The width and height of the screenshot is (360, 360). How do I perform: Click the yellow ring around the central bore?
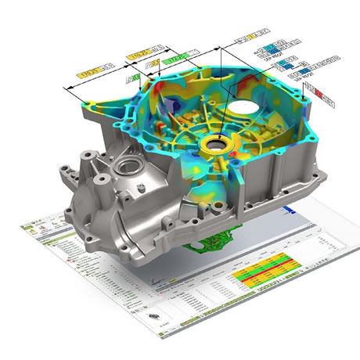pos(214,146)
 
